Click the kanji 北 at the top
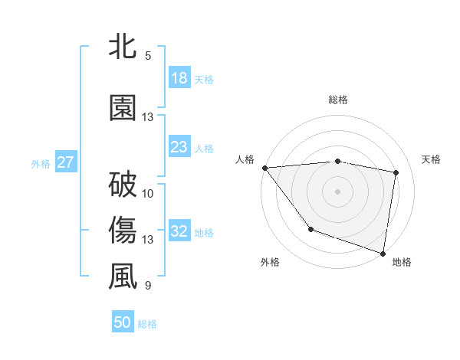click(x=123, y=48)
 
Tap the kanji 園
click(x=123, y=107)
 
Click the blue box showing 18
click(x=179, y=78)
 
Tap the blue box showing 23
click(x=179, y=147)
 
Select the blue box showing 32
click(x=179, y=231)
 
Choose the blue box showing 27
click(x=66, y=162)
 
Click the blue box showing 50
click(x=123, y=323)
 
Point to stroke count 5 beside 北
click(x=148, y=56)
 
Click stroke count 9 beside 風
click(x=148, y=286)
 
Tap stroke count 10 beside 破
click(x=148, y=193)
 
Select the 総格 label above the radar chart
click(x=338, y=100)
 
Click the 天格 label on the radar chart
click(x=432, y=159)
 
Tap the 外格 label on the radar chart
click(x=270, y=262)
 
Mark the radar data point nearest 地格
click(x=383, y=252)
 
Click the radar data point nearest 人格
click(x=264, y=168)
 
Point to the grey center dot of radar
click(x=338, y=191)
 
